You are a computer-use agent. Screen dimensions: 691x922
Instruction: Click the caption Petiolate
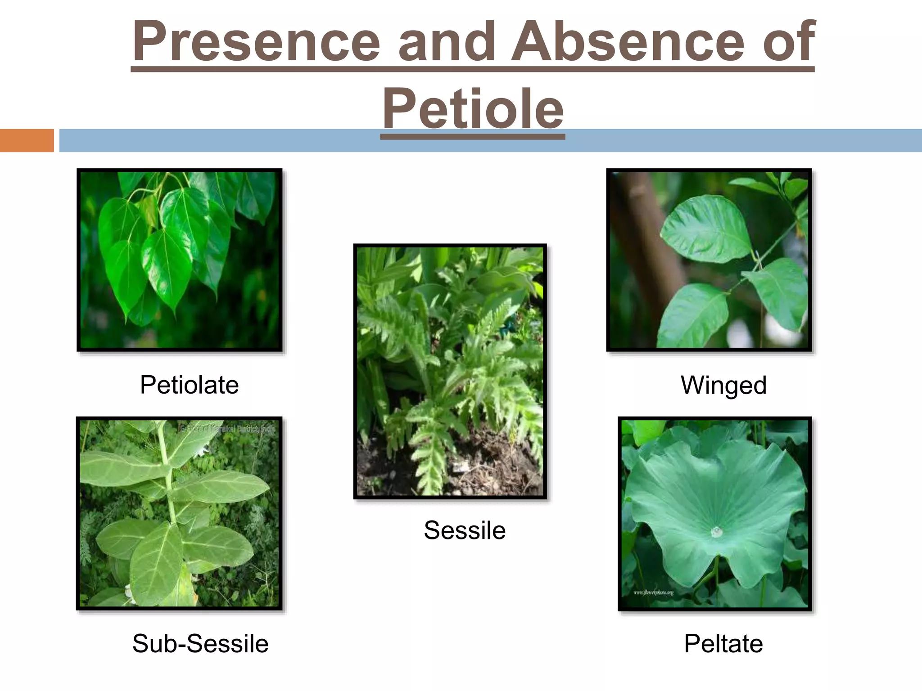[189, 385]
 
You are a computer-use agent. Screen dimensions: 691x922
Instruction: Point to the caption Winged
[723, 386]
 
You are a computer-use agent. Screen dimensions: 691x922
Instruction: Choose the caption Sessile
[465, 530]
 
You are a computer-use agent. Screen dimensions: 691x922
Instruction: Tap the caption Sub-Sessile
[200, 643]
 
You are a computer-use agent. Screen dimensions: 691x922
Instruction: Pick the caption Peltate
[723, 643]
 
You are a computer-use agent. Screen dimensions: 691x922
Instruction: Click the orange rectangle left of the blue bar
[27, 140]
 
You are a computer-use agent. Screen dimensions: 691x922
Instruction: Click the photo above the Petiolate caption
[180, 260]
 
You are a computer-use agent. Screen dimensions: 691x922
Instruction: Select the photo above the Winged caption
[709, 260]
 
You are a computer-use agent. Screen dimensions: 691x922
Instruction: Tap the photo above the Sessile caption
[450, 371]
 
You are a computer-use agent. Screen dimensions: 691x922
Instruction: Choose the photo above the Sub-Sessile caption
[179, 513]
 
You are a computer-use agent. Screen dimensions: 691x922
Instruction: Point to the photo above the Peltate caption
[714, 513]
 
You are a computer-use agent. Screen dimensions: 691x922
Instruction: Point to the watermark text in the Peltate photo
[654, 592]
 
